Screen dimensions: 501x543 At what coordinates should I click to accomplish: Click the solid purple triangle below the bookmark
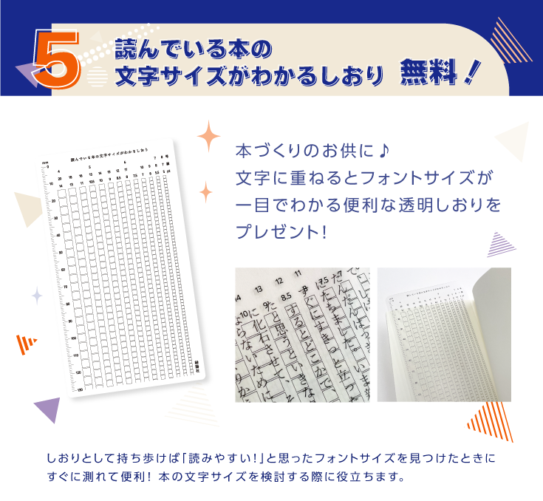tap(48, 409)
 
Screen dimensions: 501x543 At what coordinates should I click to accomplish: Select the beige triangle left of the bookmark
tap(31, 211)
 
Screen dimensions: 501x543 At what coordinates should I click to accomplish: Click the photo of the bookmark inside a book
tap(443, 335)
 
